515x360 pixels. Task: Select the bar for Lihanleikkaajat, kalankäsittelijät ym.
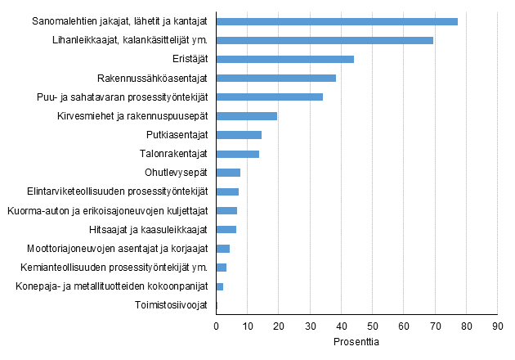coord(325,40)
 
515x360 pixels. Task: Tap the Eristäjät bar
coord(284,59)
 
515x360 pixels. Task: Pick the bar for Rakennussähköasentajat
coord(275,78)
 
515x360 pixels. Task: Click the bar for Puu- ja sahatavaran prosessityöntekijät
coord(269,97)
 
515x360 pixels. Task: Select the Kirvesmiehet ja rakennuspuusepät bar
coord(246,116)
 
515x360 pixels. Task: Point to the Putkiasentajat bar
coord(239,135)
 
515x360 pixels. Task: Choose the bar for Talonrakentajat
coord(237,154)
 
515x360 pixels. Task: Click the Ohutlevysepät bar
coord(228,173)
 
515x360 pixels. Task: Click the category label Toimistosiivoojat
coord(171,305)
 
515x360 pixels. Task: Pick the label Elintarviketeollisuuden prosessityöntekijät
coord(111,191)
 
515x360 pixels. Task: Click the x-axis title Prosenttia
coord(356,341)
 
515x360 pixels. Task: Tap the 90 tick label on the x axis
coord(497,326)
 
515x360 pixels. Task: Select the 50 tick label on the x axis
coord(372,326)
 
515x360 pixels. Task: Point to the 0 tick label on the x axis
coord(216,326)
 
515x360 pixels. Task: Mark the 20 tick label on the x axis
coord(279,326)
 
